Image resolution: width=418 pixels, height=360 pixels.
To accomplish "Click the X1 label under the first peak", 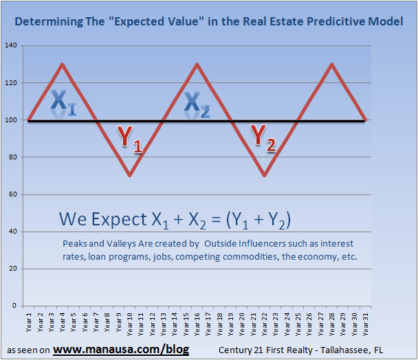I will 63,102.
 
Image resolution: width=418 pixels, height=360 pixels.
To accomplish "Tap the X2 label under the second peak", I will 197,104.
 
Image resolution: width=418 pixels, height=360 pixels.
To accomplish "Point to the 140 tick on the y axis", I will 12,46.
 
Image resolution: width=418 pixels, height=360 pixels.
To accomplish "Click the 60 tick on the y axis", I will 14,194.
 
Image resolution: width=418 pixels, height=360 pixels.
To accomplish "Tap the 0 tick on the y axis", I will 16,306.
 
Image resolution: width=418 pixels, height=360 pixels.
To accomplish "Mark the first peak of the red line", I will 63,65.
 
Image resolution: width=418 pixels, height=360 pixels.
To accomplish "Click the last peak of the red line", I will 331,65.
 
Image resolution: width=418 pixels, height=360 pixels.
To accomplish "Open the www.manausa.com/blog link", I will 121,349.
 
